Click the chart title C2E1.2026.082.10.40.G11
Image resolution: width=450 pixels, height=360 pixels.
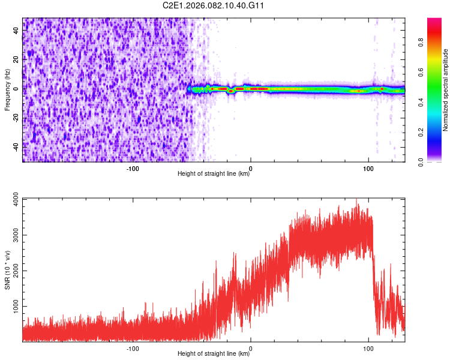214,5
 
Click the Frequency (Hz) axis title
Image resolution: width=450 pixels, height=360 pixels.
7,89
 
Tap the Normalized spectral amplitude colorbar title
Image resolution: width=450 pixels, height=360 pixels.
446,89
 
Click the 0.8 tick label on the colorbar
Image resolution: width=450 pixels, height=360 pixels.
422,43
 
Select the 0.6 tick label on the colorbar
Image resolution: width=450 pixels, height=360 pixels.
422,73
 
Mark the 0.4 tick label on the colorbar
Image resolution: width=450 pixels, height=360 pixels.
422,103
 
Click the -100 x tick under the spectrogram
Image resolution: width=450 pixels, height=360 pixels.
133,169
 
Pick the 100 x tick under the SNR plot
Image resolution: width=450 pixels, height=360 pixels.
368,348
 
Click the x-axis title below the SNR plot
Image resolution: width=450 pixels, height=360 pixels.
214,354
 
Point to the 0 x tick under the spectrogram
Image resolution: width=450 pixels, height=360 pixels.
251,169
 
